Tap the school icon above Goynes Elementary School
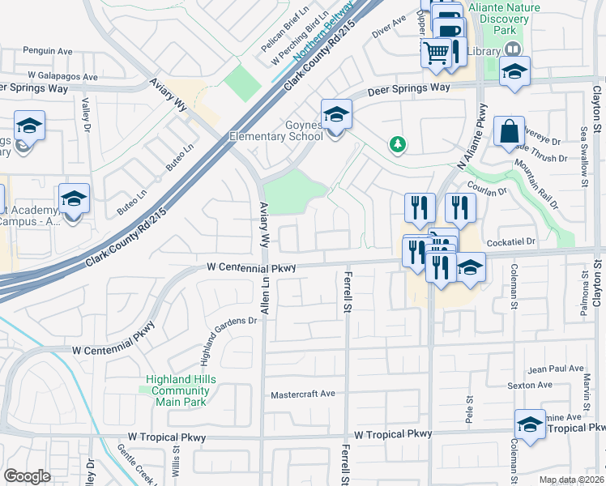point(336,113)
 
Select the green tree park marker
point(397,144)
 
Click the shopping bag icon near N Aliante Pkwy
point(509,131)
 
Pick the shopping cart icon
point(436,53)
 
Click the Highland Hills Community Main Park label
point(181,390)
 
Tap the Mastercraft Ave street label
point(302,394)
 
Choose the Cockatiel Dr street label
point(512,241)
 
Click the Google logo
point(27,476)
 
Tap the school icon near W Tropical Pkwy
point(530,424)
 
